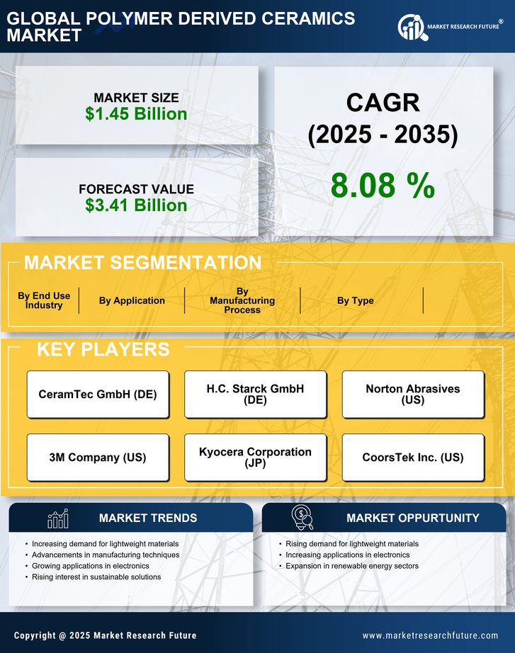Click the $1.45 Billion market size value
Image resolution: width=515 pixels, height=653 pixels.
[136, 114]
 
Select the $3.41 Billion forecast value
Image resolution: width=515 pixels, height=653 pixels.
[136, 205]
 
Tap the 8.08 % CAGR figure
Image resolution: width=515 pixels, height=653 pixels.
[383, 186]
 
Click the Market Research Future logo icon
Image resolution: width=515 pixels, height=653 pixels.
[411, 27]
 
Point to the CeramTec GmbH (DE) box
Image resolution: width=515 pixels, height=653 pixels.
[98, 394]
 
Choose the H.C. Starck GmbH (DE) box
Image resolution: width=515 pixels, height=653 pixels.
[255, 394]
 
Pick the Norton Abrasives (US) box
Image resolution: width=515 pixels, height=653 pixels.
[413, 394]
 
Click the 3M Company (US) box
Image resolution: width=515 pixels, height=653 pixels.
[98, 458]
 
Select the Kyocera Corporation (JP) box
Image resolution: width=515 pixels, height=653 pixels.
[255, 458]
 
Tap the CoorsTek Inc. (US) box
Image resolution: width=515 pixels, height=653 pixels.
[413, 458]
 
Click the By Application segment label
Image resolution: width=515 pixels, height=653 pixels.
[132, 301]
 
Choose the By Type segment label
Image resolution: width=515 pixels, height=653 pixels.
[356, 301]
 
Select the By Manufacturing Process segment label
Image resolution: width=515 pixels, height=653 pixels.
[242, 301]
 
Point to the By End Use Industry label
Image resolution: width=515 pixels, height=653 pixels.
[44, 301]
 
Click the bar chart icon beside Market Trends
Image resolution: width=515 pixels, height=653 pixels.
[57, 518]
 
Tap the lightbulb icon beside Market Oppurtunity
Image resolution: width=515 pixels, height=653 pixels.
[302, 518]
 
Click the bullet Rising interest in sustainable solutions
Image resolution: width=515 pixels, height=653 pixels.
[96, 577]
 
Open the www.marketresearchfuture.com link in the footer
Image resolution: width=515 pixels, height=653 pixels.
[430, 636]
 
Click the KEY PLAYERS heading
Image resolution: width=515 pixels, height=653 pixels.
[103, 349]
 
